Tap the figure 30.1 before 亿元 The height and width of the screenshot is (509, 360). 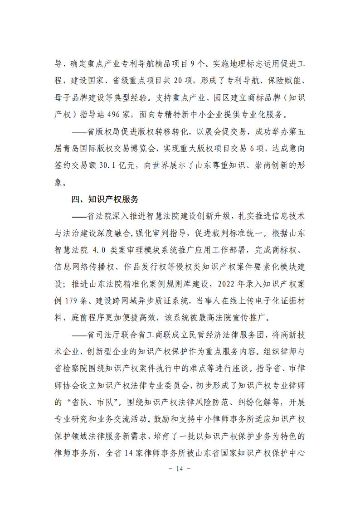click(115, 166)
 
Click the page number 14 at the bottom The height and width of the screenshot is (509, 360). click(180, 469)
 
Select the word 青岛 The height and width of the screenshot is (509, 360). click(76, 149)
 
